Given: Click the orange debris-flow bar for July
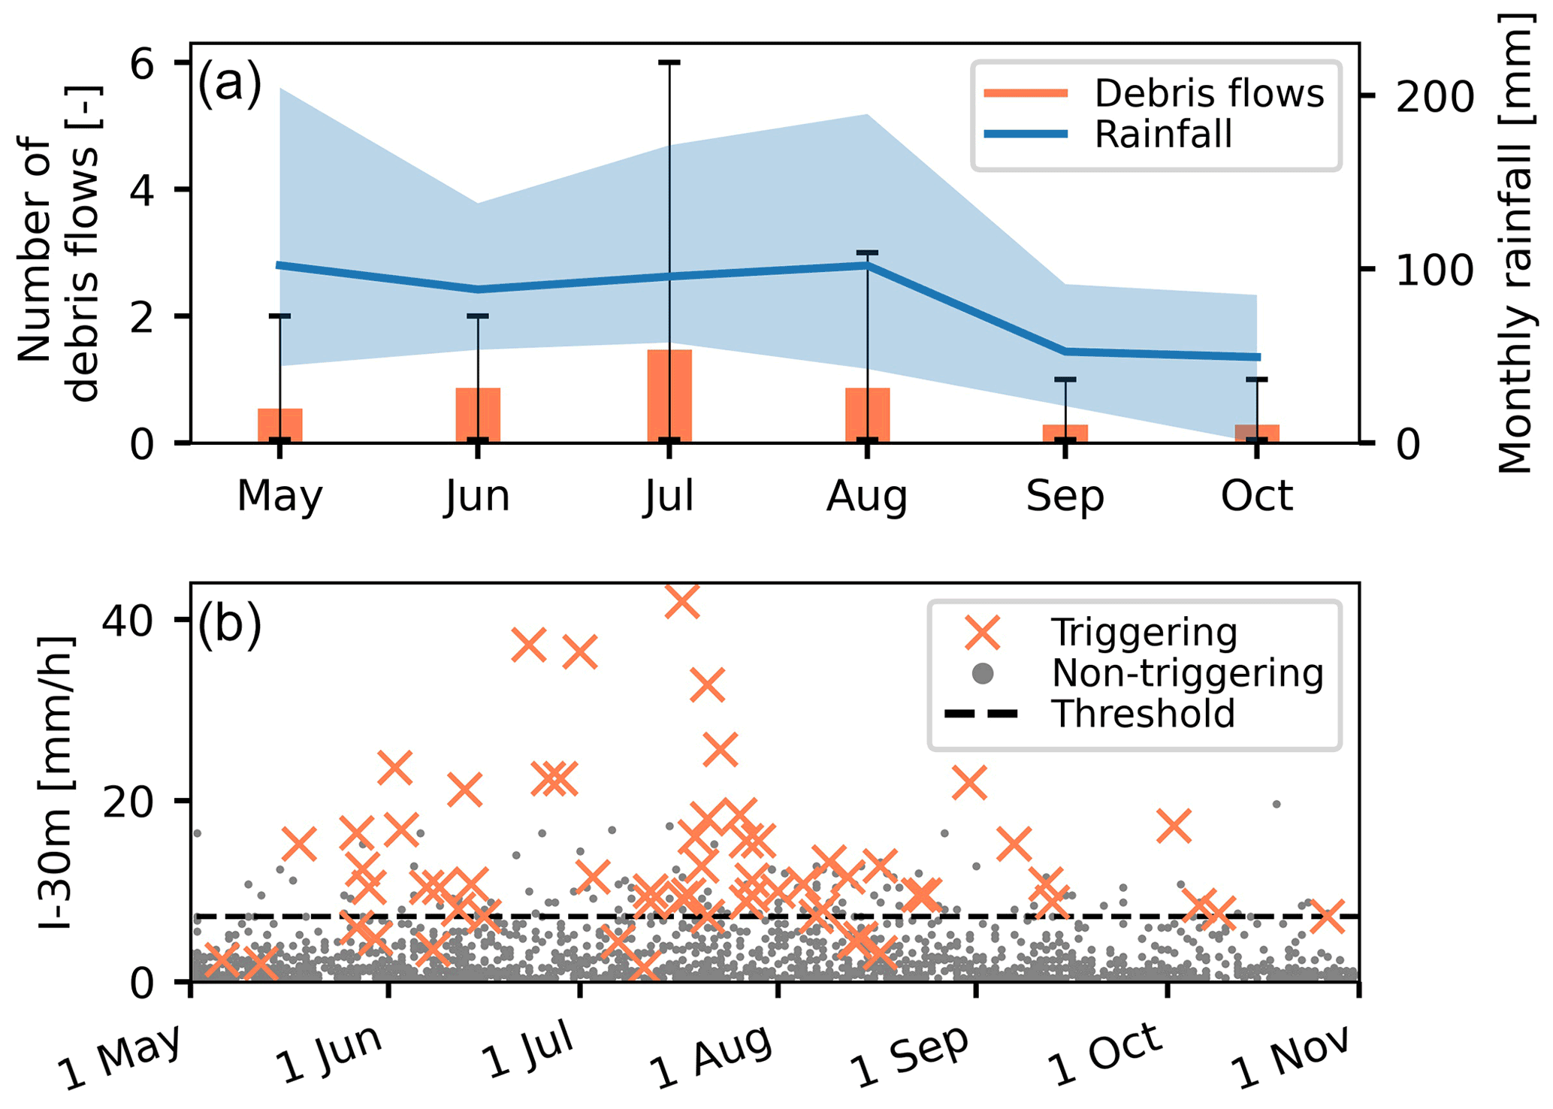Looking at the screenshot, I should [669, 396].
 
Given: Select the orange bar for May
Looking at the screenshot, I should [279, 425].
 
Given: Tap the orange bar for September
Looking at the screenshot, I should [1065, 434].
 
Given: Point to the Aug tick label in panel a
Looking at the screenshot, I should [867, 496].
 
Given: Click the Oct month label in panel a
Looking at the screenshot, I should [1256, 496].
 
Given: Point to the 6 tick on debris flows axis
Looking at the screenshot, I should [142, 64].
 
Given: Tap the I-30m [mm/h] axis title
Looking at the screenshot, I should [56, 781].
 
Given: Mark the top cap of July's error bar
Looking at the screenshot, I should [669, 62].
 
